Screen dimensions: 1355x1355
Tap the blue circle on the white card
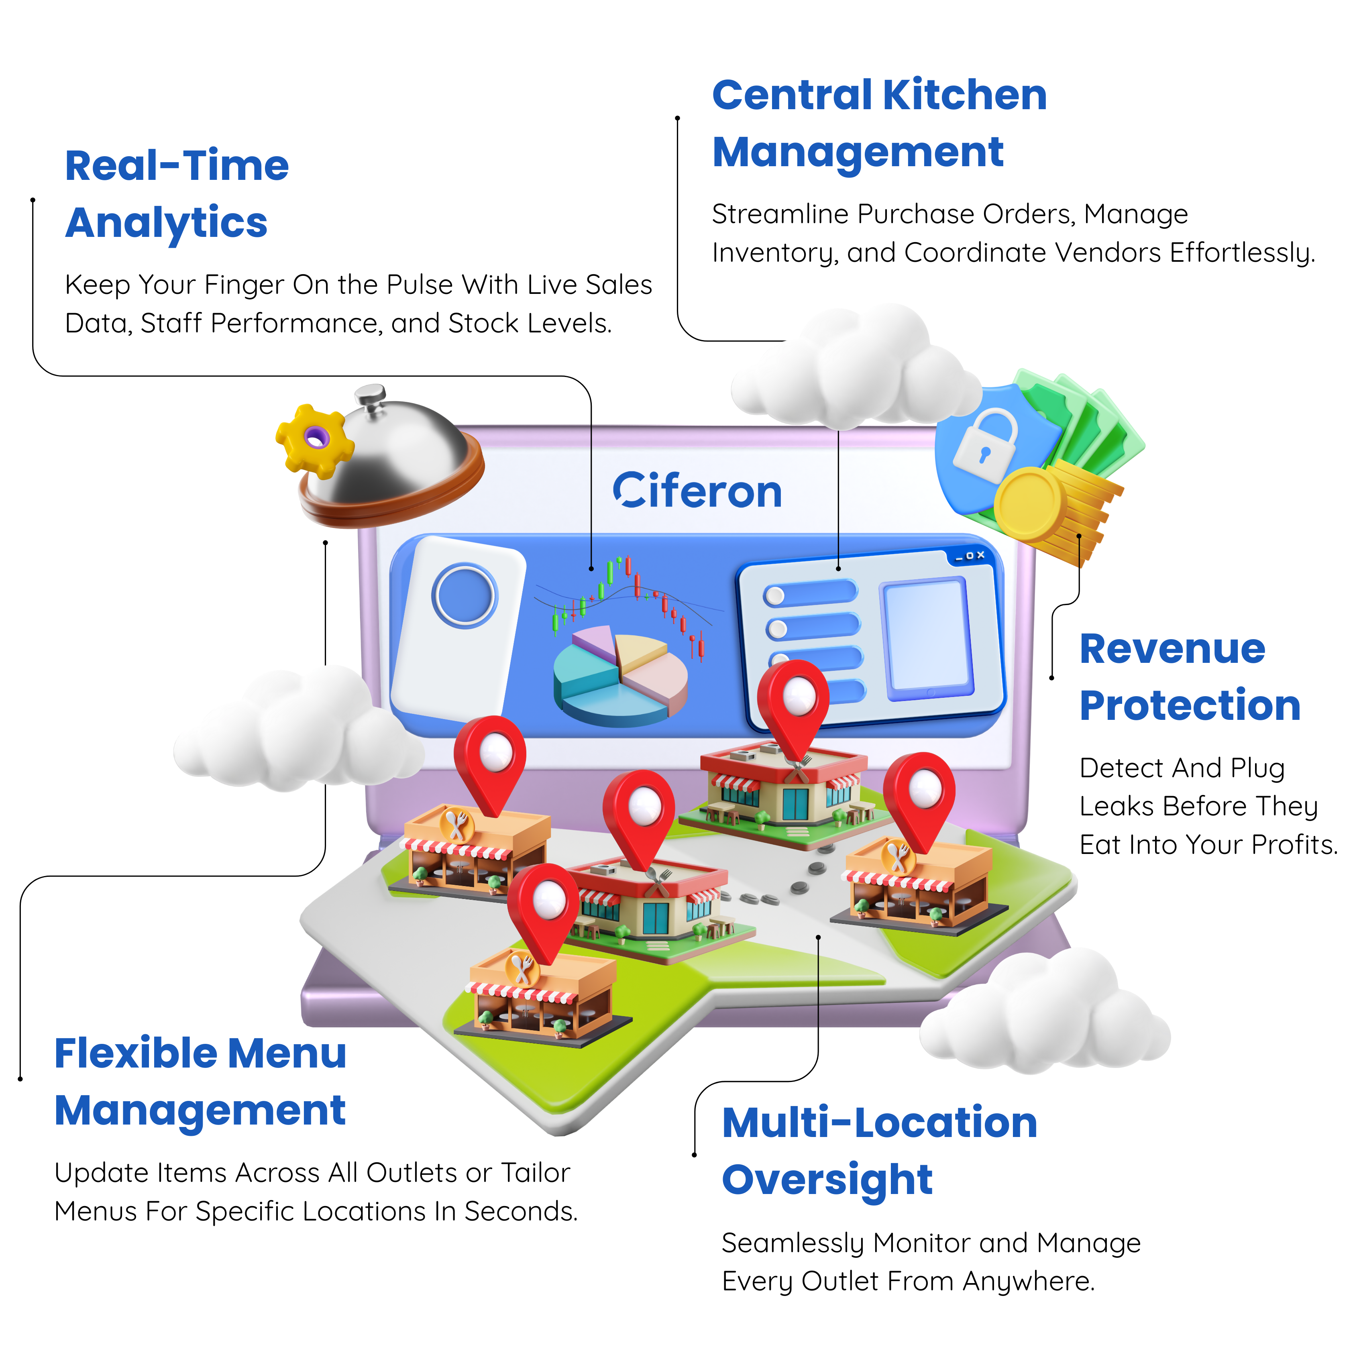[464, 595]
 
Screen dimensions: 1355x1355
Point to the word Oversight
[827, 1180]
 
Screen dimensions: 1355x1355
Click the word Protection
[1190, 705]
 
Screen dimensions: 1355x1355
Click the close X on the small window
[980, 555]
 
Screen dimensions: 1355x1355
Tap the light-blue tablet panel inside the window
[927, 638]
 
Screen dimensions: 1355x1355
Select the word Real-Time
[177, 166]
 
